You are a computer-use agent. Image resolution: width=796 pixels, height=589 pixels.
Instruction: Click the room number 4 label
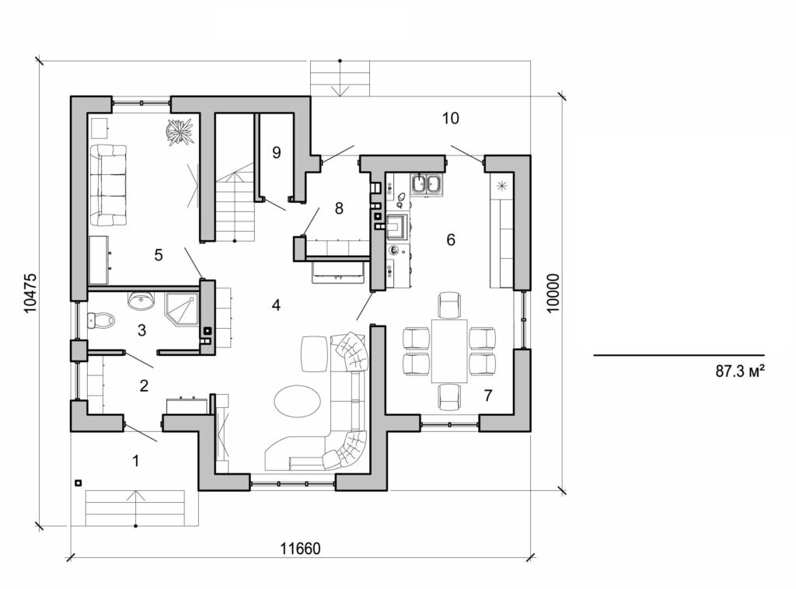[276, 305]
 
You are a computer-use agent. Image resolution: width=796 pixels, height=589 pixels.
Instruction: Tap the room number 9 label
[276, 152]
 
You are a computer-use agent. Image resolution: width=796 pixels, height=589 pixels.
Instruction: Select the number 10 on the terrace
[450, 119]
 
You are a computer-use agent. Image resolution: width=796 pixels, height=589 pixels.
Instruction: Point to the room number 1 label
[136, 461]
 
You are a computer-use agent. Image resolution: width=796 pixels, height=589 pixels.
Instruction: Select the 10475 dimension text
[30, 292]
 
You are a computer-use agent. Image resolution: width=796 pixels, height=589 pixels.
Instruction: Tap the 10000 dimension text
[553, 292]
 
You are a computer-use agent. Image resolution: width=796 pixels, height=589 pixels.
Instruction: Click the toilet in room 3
[102, 319]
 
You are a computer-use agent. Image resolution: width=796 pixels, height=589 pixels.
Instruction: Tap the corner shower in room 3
[181, 310]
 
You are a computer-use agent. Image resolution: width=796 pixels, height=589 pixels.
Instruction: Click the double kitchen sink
[426, 185]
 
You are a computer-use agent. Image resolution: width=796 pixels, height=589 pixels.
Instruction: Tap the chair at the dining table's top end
[449, 305]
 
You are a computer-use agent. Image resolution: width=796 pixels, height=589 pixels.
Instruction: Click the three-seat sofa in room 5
[108, 185]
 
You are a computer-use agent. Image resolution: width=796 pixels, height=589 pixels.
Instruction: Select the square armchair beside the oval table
[315, 354]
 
